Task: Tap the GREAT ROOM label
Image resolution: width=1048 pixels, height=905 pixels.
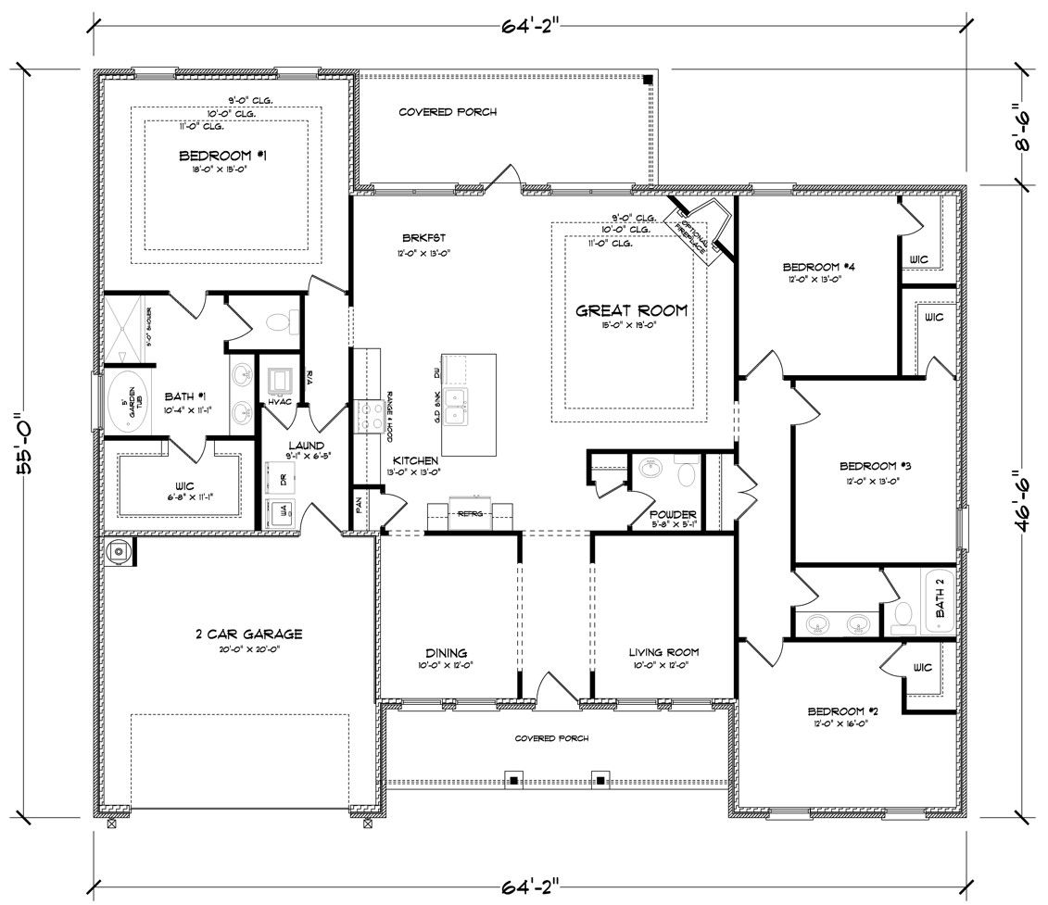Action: [632, 311]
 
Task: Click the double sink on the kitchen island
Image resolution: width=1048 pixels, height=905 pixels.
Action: [457, 405]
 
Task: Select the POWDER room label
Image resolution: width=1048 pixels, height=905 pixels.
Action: [673, 515]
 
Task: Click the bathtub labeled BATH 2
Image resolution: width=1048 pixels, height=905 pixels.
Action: [939, 602]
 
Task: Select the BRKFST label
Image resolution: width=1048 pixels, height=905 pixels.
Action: [413, 236]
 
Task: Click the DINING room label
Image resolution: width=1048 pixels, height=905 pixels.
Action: [447, 652]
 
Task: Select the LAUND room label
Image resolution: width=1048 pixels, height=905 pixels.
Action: [306, 446]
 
